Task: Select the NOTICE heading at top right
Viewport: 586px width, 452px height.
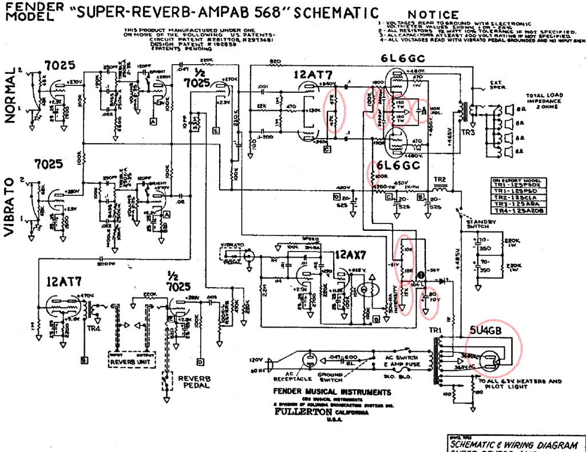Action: (x=434, y=15)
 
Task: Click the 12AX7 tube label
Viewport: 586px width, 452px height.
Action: (x=350, y=254)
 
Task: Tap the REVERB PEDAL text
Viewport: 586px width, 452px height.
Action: (x=194, y=383)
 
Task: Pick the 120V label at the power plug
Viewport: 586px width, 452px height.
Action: (x=255, y=360)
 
